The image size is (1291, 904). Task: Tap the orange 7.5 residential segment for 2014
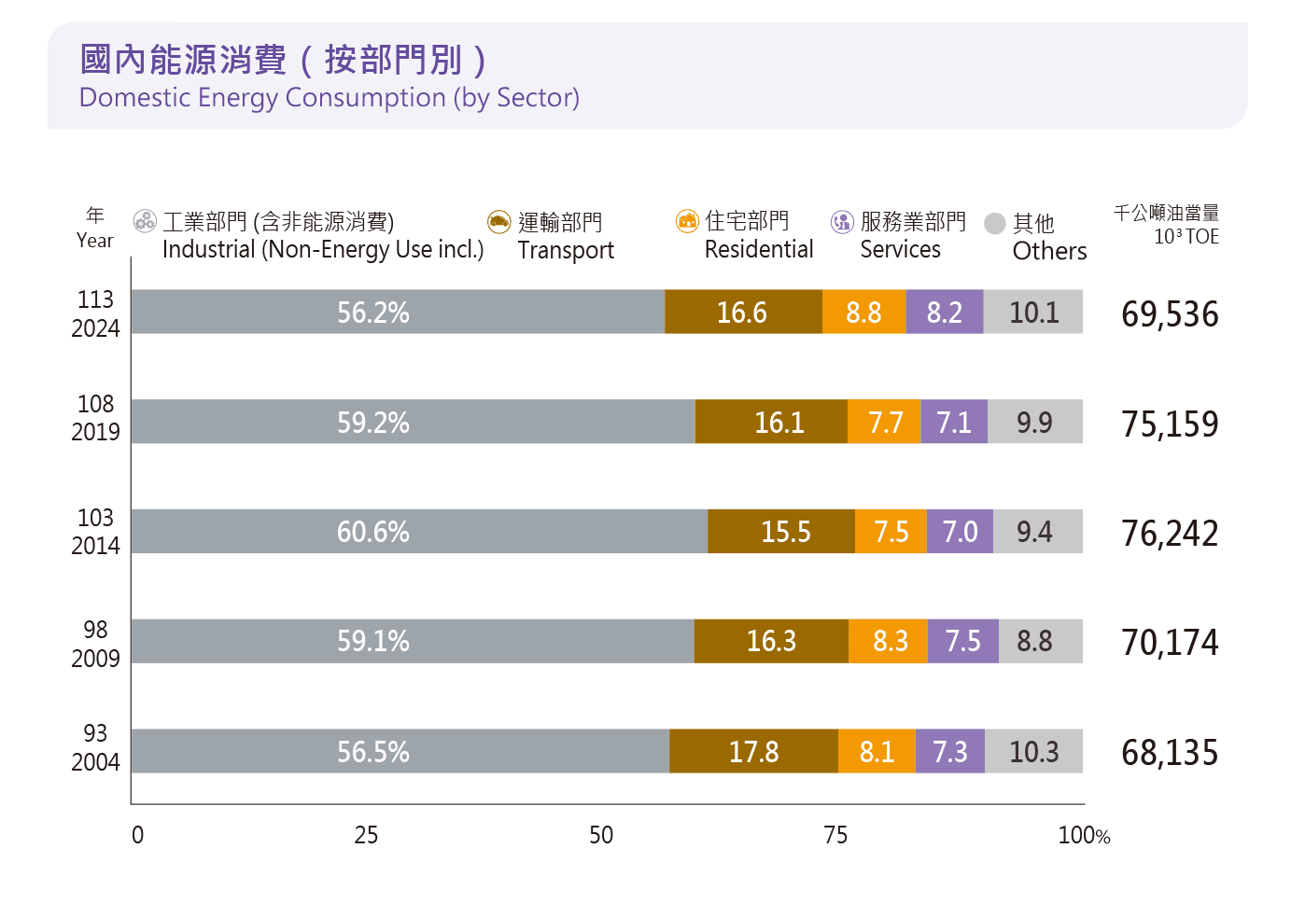coord(891,532)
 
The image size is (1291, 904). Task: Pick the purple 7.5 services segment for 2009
coord(962,641)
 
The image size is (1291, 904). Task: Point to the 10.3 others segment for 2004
coord(1033,751)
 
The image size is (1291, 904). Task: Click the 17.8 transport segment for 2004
coord(753,751)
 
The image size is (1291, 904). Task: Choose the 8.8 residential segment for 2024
coord(863,312)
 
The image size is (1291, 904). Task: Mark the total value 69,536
coord(1170,314)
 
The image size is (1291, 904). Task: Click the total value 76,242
coord(1170,534)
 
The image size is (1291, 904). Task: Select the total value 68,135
coord(1170,753)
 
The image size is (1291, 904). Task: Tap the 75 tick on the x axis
coord(835,835)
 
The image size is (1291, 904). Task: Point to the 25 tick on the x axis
coord(366,835)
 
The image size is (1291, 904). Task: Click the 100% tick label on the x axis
coord(1083,835)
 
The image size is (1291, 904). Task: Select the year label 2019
coord(95,432)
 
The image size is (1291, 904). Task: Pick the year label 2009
coord(95,659)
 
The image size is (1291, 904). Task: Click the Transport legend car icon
coord(499,222)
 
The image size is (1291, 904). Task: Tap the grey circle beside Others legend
coord(995,223)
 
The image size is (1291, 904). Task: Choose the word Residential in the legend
coord(759,250)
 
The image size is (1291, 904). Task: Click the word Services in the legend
coord(900,250)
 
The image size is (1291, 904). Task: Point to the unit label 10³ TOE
coord(1186,237)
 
